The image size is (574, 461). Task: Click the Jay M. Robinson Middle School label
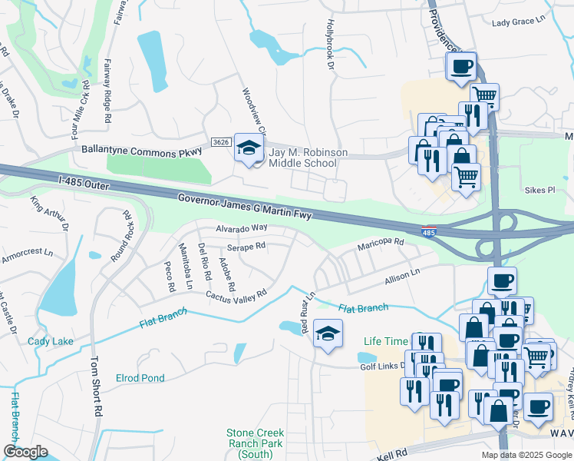[302, 158]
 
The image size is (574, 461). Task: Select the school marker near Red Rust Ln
[328, 334]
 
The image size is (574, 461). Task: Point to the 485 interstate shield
[430, 231]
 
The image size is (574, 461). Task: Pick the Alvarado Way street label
[240, 228]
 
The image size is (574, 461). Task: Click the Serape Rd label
[246, 247]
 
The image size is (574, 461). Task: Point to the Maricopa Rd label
[380, 244]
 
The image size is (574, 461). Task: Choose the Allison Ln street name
[403, 274]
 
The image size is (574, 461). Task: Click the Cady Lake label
[51, 341]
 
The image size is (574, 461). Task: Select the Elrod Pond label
[140, 378]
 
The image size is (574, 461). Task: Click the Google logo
[25, 452]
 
